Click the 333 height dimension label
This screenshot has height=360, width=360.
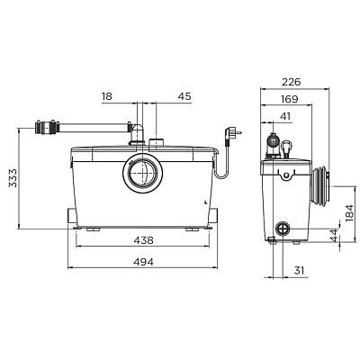coord(13,178)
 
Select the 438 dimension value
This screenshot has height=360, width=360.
coord(143,240)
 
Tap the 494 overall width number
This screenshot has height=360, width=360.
coord(143,262)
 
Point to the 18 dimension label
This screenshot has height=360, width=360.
coord(107,96)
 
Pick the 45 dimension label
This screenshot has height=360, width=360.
coord(184,96)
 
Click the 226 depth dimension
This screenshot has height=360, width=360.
coord(291,82)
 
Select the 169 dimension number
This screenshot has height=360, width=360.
coord(290,99)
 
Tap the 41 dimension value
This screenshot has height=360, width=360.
coord(285,116)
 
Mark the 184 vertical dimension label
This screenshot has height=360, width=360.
coord(349,213)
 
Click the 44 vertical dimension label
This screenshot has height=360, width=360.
coord(334,235)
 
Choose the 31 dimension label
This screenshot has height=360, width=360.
coord(299,271)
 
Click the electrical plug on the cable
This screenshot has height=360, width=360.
coord(232,133)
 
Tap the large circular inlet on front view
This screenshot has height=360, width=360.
coord(143,173)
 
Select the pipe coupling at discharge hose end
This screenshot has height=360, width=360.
coord(47,127)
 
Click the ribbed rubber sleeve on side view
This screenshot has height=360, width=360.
coord(320,186)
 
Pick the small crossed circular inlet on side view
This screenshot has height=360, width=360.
coord(283,229)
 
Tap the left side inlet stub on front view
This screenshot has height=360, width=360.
coord(72,215)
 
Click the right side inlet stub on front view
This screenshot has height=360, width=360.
coord(213,215)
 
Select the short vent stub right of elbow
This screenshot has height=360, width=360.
coord(157,142)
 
